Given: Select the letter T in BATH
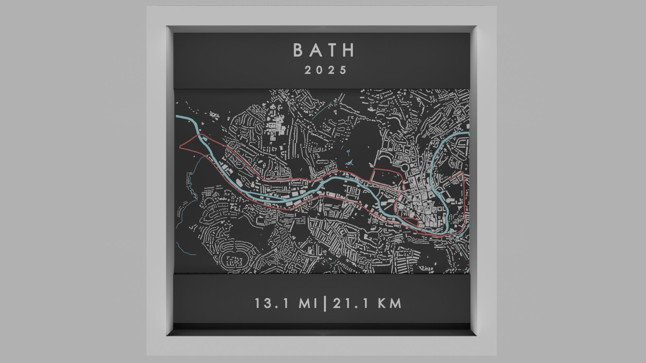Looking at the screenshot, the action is point(333,50).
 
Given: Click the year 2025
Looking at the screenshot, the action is point(326,70).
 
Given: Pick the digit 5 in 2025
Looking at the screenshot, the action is point(343,70).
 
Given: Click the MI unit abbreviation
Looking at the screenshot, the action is point(308,304).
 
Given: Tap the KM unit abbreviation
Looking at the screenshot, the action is point(390,304).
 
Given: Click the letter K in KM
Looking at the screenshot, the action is point(383,304).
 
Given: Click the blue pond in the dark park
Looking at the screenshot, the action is point(350,164).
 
